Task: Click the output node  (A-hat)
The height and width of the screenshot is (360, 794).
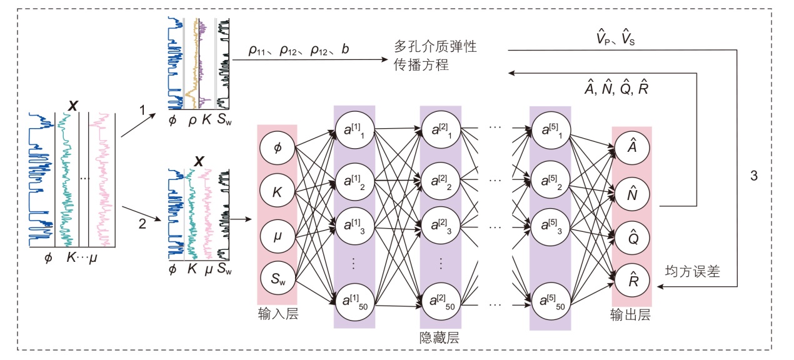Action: coord(633,146)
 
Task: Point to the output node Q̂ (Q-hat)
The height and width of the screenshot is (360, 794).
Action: coord(633,236)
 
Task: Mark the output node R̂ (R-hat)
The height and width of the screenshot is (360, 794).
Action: coord(633,280)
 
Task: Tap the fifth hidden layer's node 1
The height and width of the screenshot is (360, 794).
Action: coord(550,129)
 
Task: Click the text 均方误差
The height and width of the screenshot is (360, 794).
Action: coord(693,272)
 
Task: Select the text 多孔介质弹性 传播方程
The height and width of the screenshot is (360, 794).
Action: coord(435,56)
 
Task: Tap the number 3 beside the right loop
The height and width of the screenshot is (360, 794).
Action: coord(753,176)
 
